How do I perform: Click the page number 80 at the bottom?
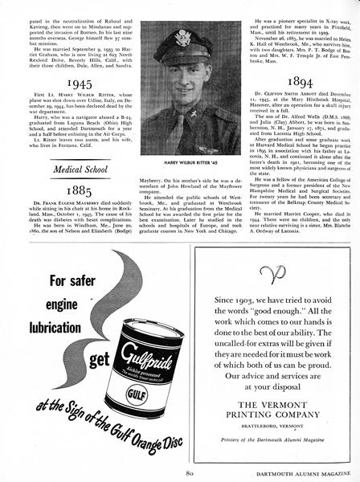pos(179,473)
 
